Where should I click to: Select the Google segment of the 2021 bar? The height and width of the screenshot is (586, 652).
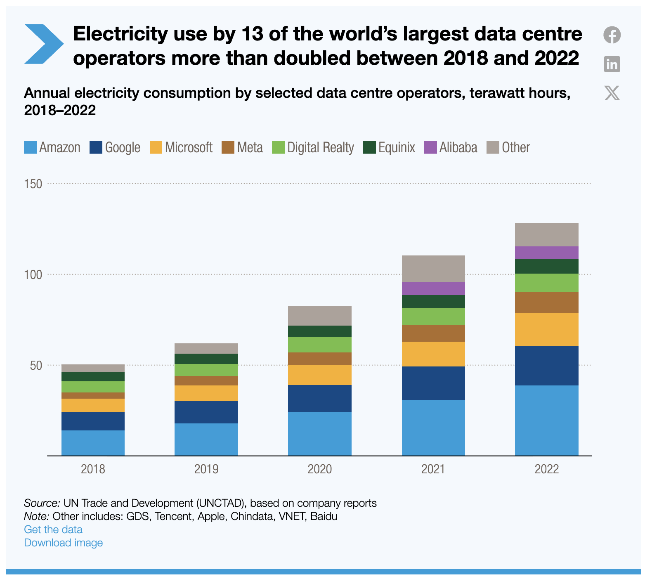coord(433,383)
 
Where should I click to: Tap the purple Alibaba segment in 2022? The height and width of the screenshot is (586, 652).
coord(546,253)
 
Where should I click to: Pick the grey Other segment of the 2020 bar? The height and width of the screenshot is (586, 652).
coord(320,316)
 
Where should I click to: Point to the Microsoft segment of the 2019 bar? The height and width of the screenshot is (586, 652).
coord(206,393)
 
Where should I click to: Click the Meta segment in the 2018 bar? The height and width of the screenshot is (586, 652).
coord(93,395)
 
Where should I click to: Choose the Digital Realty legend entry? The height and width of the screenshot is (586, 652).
coord(313,147)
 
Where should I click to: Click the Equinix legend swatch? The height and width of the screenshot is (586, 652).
coord(369,147)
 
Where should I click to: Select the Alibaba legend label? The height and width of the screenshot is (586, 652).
coord(458,147)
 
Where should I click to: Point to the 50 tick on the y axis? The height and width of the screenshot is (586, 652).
coord(36,365)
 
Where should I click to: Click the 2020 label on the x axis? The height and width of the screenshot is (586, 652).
coord(320,469)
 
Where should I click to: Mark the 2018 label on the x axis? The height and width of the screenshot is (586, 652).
coord(93,469)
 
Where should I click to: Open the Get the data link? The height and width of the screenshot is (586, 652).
coord(53,529)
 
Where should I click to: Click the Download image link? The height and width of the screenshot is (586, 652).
coord(63,543)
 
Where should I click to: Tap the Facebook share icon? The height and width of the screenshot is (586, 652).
coord(612,35)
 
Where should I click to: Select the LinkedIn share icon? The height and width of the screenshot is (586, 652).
coord(612,64)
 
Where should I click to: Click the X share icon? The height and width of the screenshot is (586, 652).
coord(612,93)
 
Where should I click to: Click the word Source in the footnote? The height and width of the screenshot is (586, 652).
coord(42,503)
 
